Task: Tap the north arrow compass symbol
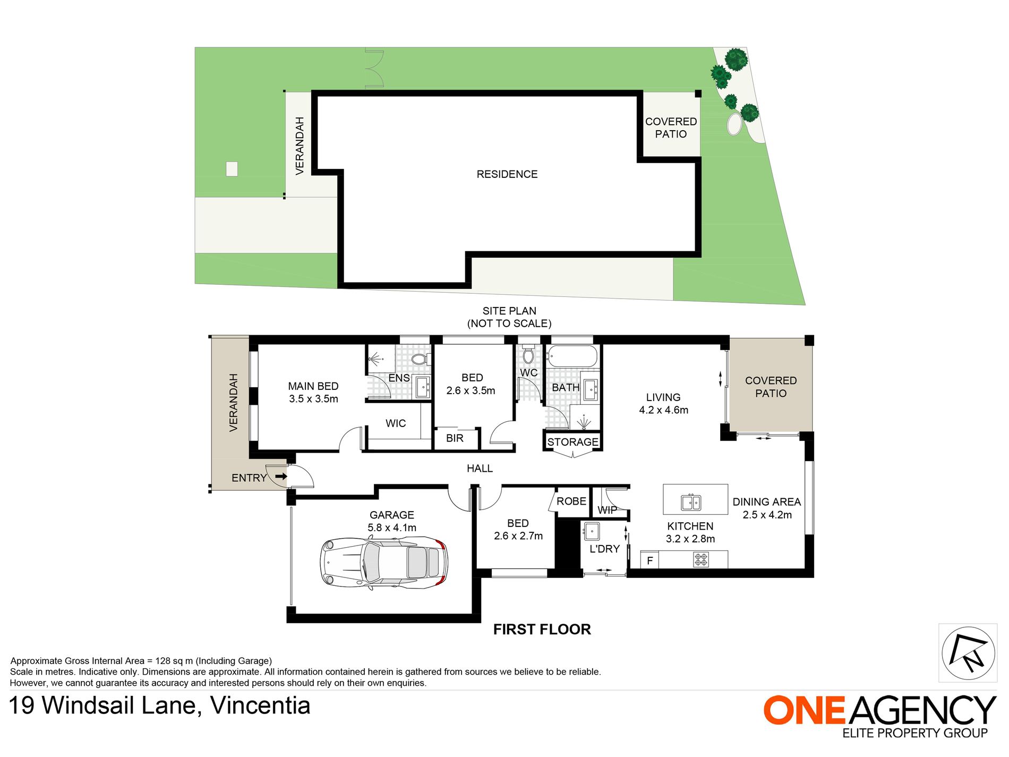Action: tap(968, 653)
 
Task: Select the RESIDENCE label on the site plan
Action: tap(507, 174)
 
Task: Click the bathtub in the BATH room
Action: tap(572, 355)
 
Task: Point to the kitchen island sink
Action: tap(691, 502)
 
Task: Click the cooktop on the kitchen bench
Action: tap(701, 559)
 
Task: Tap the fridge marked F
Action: tap(649, 560)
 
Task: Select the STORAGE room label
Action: tap(572, 442)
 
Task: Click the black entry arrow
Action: tap(281, 477)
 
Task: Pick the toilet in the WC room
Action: tap(528, 354)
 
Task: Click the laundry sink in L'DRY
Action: tap(592, 531)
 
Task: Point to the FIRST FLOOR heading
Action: tap(542, 630)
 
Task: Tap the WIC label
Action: tap(396, 423)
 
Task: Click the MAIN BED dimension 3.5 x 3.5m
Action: tap(313, 399)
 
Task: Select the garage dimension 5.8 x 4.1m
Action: tap(392, 528)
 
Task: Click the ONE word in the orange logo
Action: tap(804, 710)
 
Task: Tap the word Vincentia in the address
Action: tap(260, 706)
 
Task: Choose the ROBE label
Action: tap(571, 501)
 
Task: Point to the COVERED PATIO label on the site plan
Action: tap(671, 128)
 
